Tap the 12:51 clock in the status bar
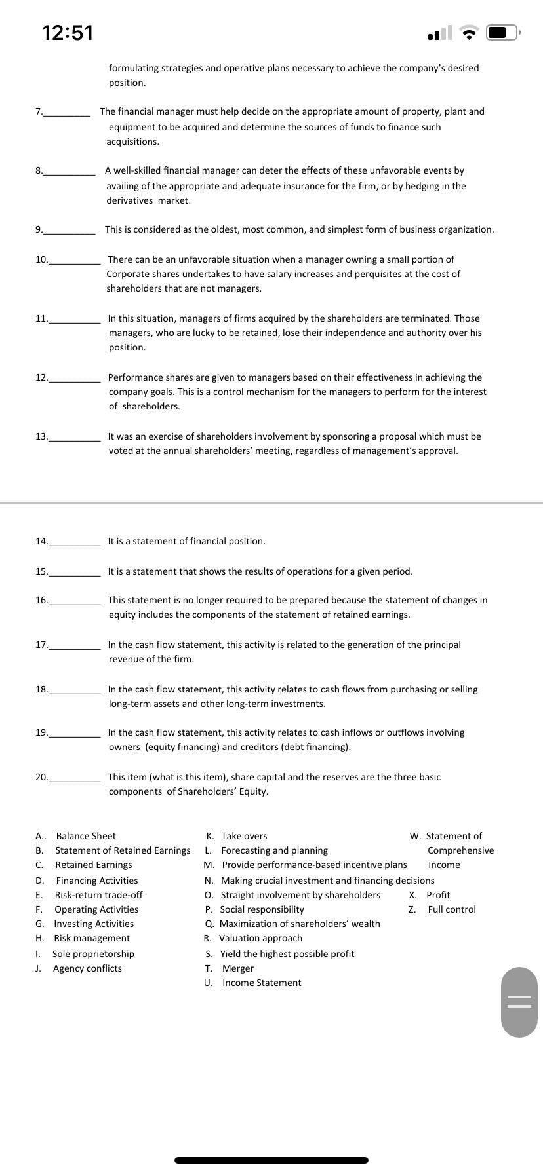pos(68,32)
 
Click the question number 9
pos(39,229)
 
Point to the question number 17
pos(41,645)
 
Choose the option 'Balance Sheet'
pos(86,836)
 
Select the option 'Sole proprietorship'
pos(93,954)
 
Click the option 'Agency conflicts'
pos(87,968)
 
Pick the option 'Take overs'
pos(244,836)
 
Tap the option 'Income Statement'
pos(262,983)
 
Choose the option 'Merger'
pos(238,968)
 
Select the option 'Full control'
pos(452,909)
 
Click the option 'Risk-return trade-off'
pos(98,895)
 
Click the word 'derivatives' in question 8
pos(129,200)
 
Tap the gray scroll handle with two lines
pos(519,1002)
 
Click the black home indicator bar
pos(271,1160)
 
